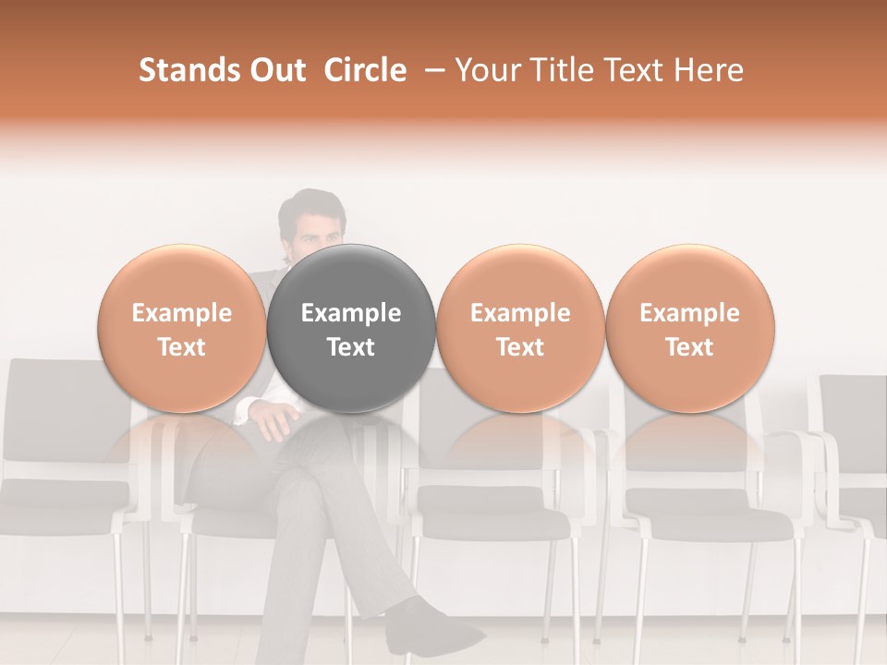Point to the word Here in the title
(711, 70)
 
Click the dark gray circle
(351, 329)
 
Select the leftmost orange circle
(182, 329)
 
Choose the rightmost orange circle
(690, 329)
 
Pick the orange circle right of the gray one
(520, 329)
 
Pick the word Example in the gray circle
(351, 313)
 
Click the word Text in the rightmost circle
(689, 347)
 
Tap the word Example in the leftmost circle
(182, 313)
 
